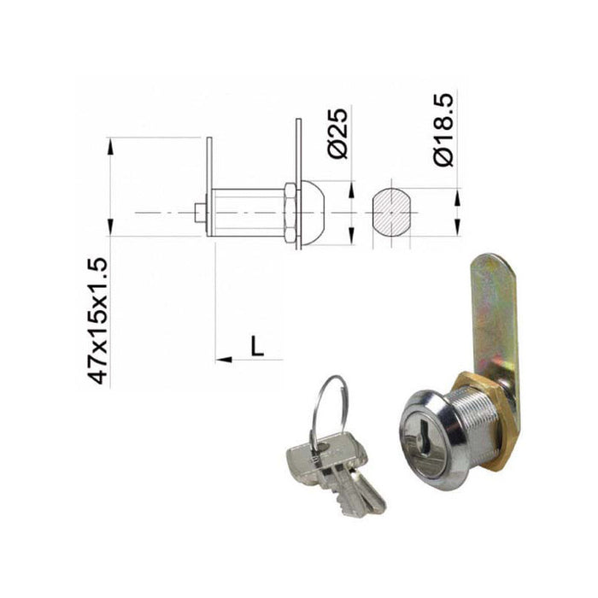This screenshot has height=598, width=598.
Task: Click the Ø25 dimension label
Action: point(339,133)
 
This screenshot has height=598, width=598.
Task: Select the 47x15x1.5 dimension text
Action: point(100,320)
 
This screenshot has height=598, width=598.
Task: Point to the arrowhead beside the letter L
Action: point(225,360)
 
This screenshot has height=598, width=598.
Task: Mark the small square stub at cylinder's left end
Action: point(200,212)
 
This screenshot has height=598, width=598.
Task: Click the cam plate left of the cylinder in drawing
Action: point(209,188)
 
